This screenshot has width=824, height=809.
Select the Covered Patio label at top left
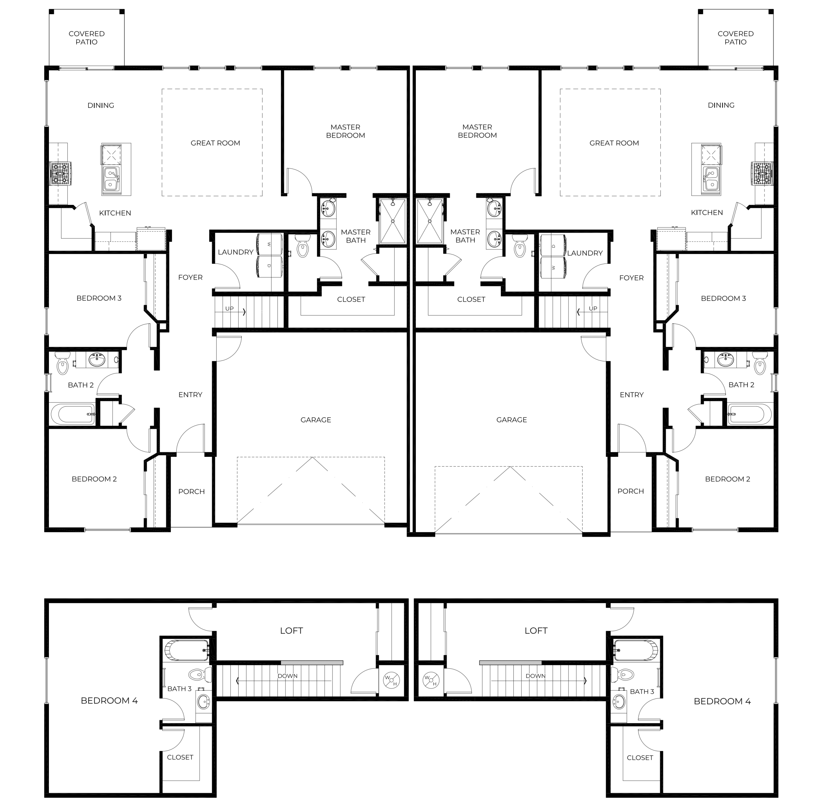tap(87, 38)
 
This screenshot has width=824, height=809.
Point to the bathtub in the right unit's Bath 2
tap(749, 414)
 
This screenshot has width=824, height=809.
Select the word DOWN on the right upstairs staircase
tap(535, 676)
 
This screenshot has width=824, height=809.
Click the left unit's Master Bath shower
tap(392, 221)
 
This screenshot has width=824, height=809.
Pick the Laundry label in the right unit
tap(585, 253)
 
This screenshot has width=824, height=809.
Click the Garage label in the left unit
tap(315, 420)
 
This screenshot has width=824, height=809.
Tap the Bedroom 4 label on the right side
tap(722, 701)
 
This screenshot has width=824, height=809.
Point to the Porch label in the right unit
tap(631, 491)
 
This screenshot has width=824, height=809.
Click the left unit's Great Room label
tap(215, 143)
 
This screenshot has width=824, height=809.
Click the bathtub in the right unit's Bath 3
tap(635, 650)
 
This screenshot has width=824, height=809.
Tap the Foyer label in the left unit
tap(190, 277)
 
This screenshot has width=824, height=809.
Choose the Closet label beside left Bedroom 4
tap(180, 757)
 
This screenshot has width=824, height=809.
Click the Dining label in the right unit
tap(721, 105)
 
